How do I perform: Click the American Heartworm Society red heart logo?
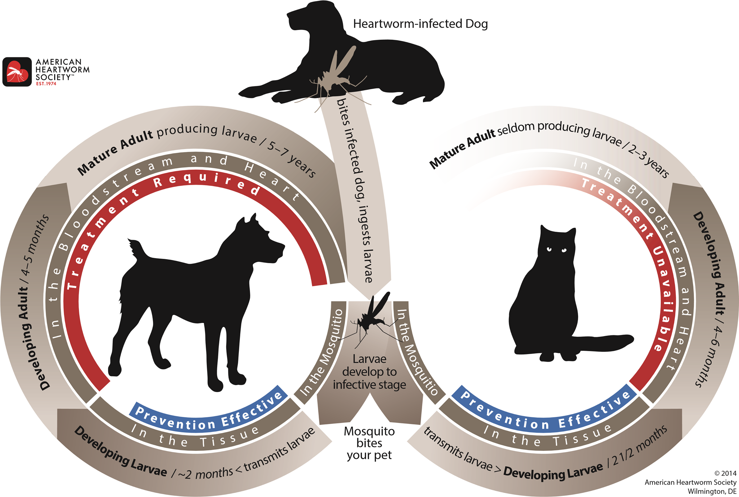coord(17,71)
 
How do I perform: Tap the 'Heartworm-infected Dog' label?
coord(420,24)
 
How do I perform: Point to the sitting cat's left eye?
coord(549,249)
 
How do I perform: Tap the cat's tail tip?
coord(630,339)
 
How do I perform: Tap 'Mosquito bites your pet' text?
coord(369,443)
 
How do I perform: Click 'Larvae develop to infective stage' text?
coord(369,372)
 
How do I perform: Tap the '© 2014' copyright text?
coord(725,473)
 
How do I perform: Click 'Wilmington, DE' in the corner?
coord(712,491)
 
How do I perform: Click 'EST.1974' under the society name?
coord(46,84)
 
